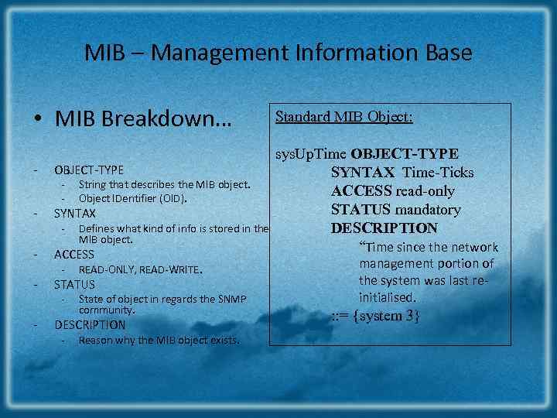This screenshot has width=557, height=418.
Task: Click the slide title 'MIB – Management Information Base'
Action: pyautogui.click(x=278, y=53)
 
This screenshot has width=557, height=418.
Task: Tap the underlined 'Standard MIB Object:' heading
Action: pyautogui.click(x=344, y=117)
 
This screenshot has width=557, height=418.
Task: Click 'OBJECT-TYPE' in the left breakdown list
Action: pyautogui.click(x=88, y=170)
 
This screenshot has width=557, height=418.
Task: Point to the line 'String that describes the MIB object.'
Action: pyautogui.click(x=164, y=185)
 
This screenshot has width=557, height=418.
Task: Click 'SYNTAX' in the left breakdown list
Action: pyautogui.click(x=75, y=214)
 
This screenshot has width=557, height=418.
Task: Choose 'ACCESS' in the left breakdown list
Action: pyautogui.click(x=74, y=255)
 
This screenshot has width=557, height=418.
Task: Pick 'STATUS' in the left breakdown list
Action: pyautogui.click(x=75, y=285)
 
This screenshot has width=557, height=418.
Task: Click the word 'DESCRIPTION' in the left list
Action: pyautogui.click(x=90, y=325)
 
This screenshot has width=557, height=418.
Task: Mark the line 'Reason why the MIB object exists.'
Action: pyautogui.click(x=159, y=341)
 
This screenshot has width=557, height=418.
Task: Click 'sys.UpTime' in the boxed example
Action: pyautogui.click(x=306, y=154)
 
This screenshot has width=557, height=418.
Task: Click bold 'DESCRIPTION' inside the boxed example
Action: pyautogui.click(x=384, y=228)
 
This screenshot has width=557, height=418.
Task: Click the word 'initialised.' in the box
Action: pyautogui.click(x=388, y=297)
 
